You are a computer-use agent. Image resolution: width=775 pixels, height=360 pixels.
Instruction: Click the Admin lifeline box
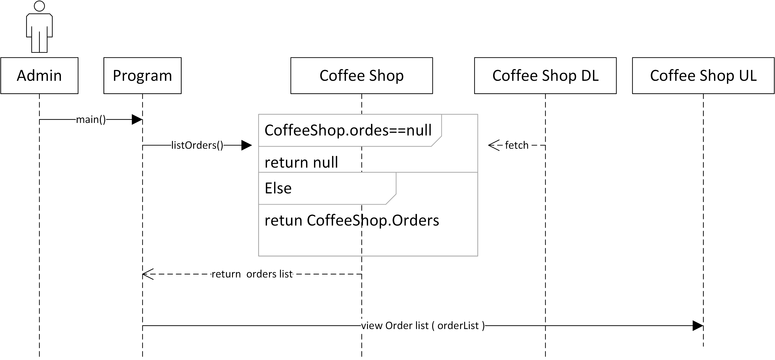point(39,75)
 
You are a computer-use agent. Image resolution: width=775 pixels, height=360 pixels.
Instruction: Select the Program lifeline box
point(142,75)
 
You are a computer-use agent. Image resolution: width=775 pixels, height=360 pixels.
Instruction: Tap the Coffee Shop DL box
point(545,75)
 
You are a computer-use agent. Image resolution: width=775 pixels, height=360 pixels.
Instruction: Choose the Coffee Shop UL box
point(703,75)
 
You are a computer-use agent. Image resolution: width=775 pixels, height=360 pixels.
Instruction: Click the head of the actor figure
point(39,6)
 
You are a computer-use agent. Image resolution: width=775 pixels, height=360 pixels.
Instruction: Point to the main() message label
point(91,120)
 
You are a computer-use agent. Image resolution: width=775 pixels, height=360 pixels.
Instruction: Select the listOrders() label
point(197,145)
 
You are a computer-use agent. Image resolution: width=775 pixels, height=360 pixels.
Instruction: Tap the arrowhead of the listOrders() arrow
point(246,145)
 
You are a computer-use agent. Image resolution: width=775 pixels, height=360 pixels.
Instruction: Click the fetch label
point(516,145)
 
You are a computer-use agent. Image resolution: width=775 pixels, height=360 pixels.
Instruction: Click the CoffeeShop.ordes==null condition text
point(348,130)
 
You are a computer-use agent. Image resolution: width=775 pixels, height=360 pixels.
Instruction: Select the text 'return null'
point(301,162)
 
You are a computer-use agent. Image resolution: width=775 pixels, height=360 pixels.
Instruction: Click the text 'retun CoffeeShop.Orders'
point(351,220)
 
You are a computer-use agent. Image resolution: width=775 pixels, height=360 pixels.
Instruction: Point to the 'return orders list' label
point(252,274)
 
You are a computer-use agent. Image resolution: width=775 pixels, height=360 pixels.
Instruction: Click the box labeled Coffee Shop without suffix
point(361,75)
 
